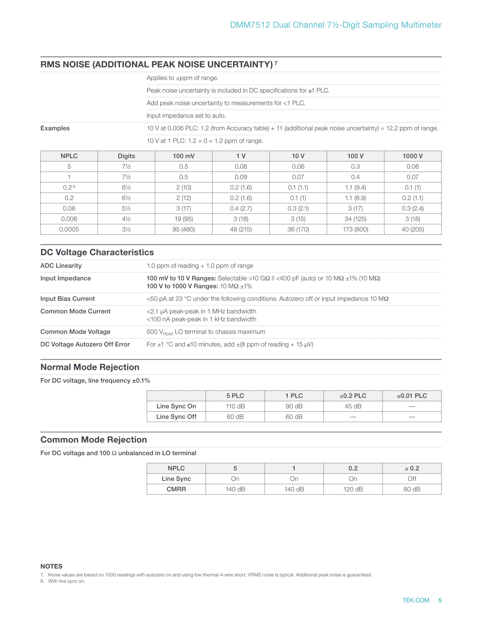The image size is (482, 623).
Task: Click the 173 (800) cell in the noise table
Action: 355,229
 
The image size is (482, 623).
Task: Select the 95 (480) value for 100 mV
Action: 183,229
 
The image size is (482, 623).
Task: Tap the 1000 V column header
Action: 413,156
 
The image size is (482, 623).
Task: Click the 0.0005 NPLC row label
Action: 69,229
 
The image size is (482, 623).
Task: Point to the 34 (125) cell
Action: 355,219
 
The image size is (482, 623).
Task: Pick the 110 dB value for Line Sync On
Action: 235,406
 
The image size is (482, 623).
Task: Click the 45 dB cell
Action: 353,406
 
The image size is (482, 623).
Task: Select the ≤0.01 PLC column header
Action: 412,396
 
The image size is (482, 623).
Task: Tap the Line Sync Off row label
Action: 176,417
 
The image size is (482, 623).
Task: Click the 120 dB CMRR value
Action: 353,489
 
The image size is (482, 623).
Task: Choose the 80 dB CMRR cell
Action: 412,489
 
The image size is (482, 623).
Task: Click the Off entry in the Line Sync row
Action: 412,479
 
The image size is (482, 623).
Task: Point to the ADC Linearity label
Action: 61,266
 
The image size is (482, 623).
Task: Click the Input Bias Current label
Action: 67,299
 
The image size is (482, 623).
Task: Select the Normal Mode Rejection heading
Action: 90,367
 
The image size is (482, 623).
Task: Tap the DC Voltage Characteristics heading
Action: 97,252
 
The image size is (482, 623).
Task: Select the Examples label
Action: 55,128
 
